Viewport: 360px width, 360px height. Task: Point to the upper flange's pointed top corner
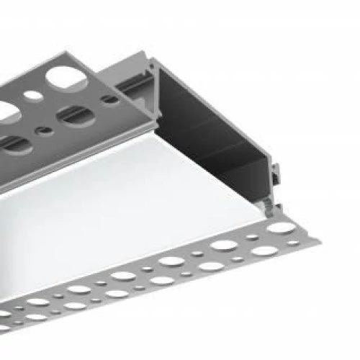pyautogui.click(x=87, y=53)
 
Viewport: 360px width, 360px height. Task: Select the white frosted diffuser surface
pyautogui.click(x=144, y=209)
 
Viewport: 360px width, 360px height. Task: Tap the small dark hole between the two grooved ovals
pyautogui.click(x=45, y=130)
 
